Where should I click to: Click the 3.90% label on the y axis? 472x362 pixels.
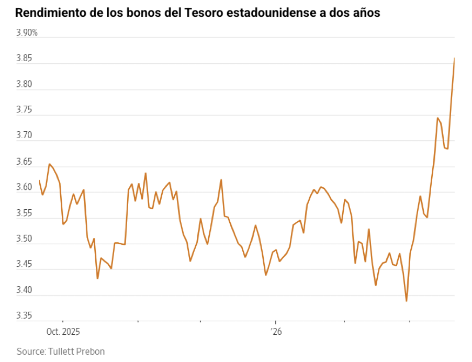27,33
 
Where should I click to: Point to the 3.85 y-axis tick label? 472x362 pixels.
25,59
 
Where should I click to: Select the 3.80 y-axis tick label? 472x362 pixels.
25,84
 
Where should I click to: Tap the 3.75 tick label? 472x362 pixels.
25,110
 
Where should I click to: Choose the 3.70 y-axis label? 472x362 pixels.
25,135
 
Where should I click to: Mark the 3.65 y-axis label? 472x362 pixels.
25,163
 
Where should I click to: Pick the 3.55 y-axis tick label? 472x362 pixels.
25,213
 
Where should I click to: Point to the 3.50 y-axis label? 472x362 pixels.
25,239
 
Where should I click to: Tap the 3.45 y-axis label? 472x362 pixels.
25,265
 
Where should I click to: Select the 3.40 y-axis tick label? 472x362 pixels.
25,290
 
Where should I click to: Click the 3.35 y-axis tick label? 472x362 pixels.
25,316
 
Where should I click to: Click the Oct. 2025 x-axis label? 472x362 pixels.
63,332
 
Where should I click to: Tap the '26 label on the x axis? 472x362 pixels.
276,332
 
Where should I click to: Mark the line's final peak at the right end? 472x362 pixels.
454,58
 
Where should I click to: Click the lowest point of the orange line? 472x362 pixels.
406,301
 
